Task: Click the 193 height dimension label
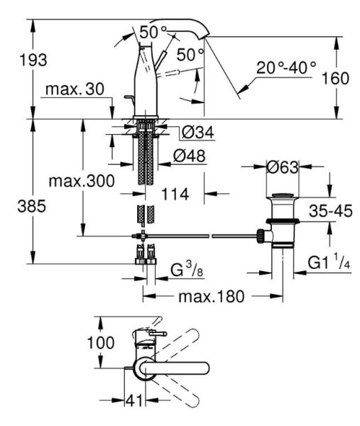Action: [x=33, y=60]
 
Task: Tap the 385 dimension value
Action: [x=32, y=206]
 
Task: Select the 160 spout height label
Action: [x=335, y=78]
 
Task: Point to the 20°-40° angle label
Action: [x=286, y=67]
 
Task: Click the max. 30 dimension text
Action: [x=75, y=89]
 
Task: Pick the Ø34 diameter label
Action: [x=198, y=132]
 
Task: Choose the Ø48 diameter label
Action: [x=190, y=155]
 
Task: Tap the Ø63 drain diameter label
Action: [x=283, y=167]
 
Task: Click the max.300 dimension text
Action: [x=82, y=181]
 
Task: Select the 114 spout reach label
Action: [x=175, y=195]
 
